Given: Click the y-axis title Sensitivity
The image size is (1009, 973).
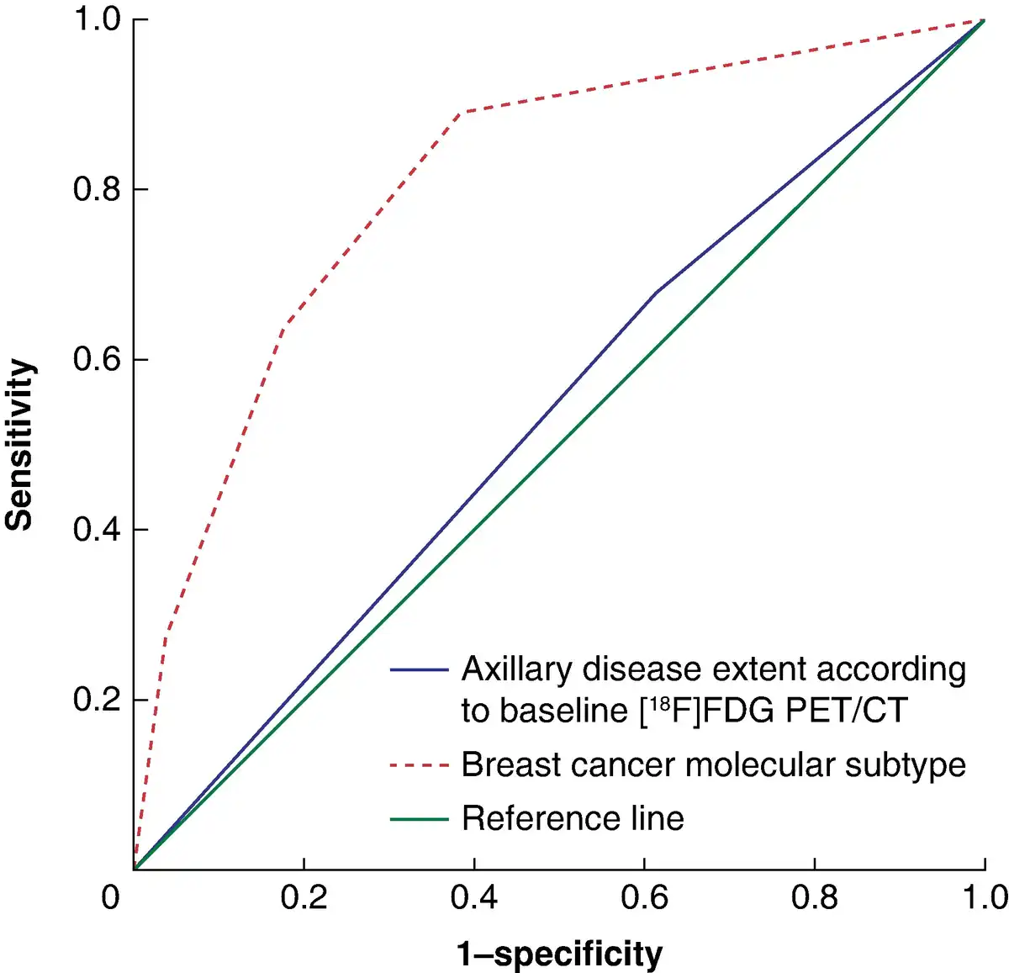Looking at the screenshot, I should point(20,445).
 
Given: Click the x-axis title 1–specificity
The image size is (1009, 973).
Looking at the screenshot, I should point(560,954).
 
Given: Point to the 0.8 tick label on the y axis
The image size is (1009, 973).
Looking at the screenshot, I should point(98,189).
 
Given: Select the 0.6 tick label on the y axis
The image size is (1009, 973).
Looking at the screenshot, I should point(98,359).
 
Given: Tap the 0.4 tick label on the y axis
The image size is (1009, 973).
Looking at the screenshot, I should point(98,530).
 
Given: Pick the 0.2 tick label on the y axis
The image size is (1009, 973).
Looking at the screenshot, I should point(98,700).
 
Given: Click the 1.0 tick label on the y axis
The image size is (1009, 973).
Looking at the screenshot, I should point(98,19).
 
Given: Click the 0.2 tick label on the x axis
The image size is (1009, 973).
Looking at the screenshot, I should point(304,898).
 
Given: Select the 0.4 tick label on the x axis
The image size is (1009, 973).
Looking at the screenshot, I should point(474,898).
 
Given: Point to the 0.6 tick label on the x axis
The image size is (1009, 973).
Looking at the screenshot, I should point(644,898).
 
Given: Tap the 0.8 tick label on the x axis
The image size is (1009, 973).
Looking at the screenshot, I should point(814,898).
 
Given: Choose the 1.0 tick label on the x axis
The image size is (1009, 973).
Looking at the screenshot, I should point(985,898).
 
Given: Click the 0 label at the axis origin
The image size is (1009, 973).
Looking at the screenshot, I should point(110,898).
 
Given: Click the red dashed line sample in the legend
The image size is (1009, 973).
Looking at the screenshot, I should point(419,765).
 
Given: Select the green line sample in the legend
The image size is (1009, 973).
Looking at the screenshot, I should point(419,818).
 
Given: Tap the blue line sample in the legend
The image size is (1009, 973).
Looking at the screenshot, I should point(419,670).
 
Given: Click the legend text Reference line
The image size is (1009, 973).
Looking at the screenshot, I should point(573,818).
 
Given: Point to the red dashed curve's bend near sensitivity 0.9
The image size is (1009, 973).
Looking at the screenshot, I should point(462,112).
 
